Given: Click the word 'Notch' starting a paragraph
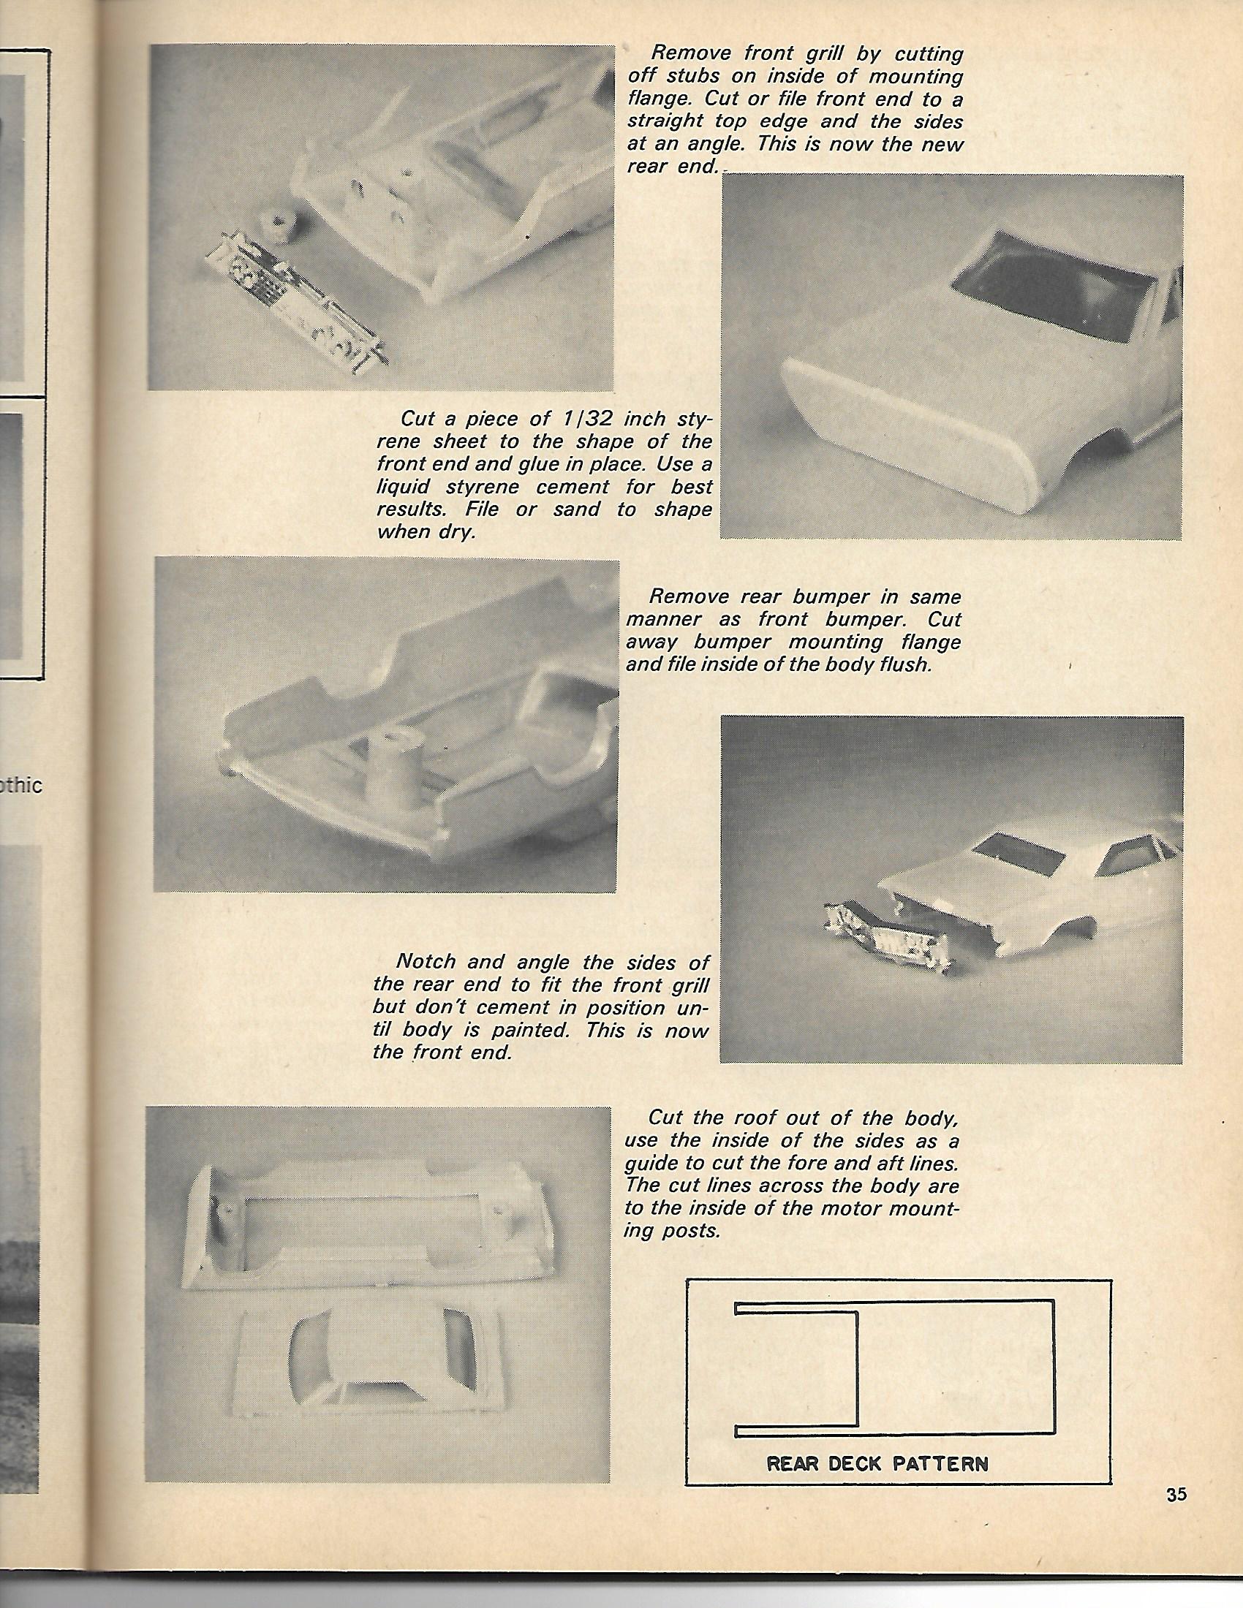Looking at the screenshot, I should pos(426,962).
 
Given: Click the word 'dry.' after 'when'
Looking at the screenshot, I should pos(456,531).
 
